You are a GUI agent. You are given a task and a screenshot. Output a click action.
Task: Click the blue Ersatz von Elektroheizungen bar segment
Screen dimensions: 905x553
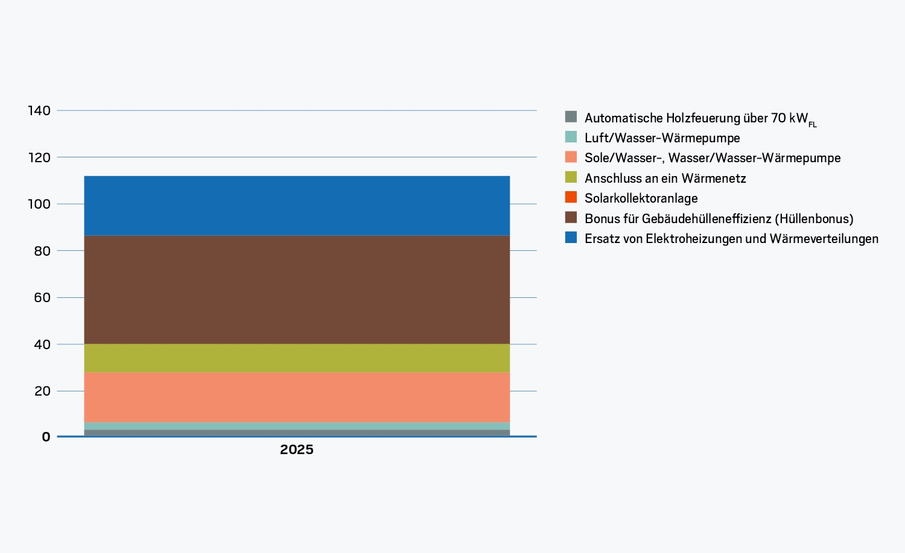click(297, 206)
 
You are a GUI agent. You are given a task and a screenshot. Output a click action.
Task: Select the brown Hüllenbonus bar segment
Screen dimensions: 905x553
click(297, 289)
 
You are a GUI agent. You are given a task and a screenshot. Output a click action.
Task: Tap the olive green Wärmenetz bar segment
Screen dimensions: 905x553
click(297, 358)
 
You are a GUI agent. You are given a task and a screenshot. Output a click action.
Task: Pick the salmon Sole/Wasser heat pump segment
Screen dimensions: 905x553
click(297, 397)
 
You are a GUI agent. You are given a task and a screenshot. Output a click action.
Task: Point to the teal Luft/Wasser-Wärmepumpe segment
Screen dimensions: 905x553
click(297, 426)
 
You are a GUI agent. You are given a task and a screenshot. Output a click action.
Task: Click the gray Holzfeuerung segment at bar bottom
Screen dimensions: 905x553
click(297, 432)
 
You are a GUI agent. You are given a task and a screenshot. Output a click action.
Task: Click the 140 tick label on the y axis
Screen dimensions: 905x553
click(39, 111)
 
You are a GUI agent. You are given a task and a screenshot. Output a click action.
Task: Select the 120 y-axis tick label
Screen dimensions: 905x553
click(39, 157)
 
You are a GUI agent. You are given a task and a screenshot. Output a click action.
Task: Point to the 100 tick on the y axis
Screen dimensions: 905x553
click(39, 204)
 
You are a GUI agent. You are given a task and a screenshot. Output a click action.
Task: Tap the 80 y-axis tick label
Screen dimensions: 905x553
click(42, 251)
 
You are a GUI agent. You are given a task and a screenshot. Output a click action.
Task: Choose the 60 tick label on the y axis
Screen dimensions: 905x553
click(42, 298)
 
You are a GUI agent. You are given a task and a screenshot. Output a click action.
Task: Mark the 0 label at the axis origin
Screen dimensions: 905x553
click(46, 437)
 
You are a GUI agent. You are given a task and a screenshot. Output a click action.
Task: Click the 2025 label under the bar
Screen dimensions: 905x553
click(297, 450)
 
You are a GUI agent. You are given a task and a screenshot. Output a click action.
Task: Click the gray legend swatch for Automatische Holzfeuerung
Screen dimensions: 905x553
click(571, 117)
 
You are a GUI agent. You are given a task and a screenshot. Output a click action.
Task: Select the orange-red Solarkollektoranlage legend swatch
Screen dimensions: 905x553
click(571, 197)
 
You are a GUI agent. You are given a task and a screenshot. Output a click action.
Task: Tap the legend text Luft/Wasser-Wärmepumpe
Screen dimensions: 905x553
click(662, 138)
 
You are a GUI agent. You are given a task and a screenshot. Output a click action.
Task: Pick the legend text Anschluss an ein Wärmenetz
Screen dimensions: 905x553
click(665, 178)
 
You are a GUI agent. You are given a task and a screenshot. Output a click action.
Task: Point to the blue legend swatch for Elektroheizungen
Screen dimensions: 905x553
click(571, 238)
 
